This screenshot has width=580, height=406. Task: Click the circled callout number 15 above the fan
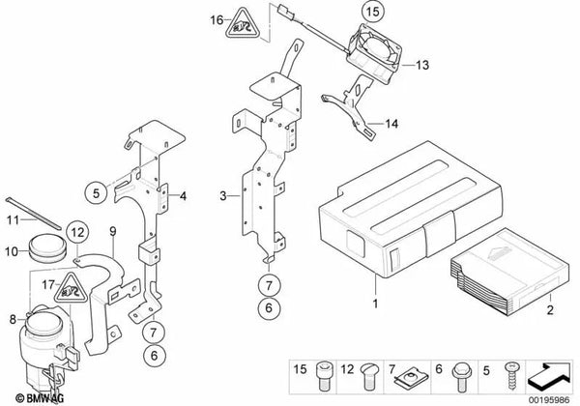click(x=372, y=12)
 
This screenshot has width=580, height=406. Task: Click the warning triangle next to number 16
click(x=242, y=24)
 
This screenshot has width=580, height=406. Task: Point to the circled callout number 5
click(x=96, y=192)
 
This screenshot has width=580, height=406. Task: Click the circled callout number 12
click(x=77, y=233)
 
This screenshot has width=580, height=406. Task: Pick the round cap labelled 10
click(x=47, y=248)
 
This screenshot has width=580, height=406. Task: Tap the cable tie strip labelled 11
click(x=34, y=214)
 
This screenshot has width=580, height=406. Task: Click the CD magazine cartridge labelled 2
click(x=509, y=271)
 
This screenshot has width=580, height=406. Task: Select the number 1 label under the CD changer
click(x=375, y=304)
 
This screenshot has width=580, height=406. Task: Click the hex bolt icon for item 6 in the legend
click(x=460, y=377)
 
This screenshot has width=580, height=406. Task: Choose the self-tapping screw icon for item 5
click(x=512, y=376)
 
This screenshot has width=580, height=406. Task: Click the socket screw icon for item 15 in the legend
click(x=323, y=376)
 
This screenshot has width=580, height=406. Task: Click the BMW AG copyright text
click(x=41, y=398)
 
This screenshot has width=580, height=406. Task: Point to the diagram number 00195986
click(x=548, y=400)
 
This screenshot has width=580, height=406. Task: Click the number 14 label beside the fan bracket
click(x=391, y=124)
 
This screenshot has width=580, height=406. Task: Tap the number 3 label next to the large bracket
click(x=222, y=195)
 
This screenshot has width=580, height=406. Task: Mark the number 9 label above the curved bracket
click(x=113, y=231)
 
